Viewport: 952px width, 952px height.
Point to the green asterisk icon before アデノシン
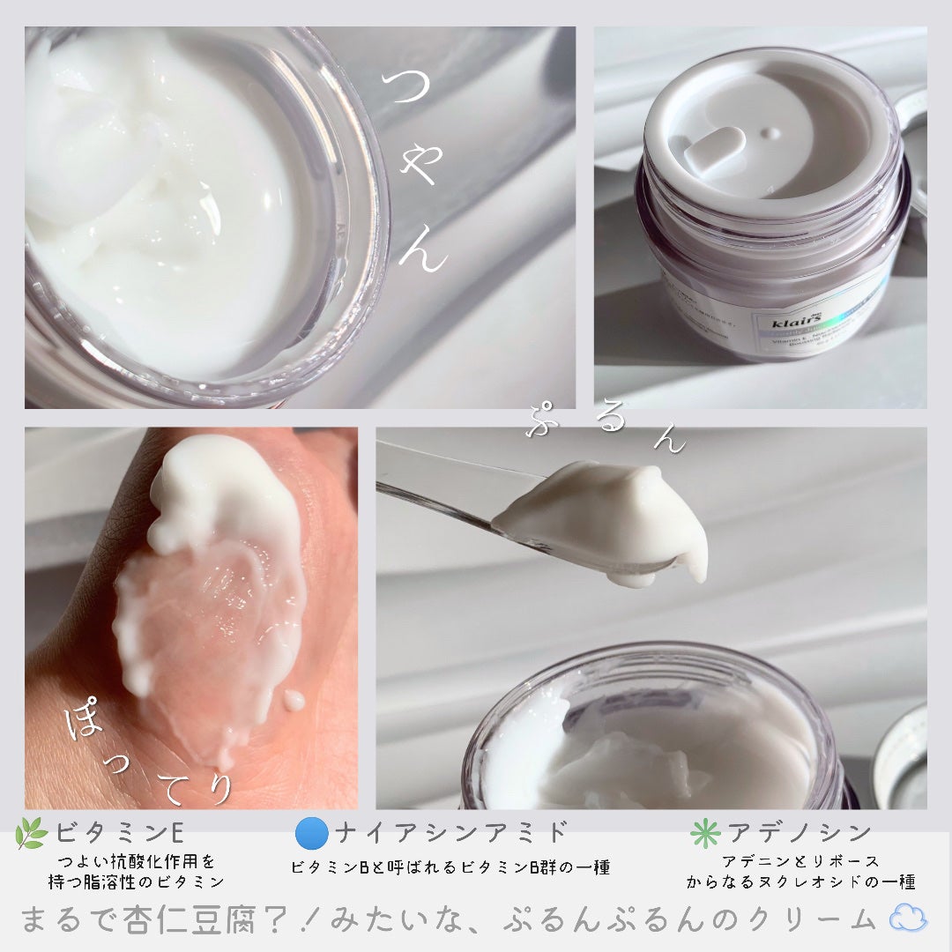tap(706, 833)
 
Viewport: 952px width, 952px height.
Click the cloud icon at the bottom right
tap(908, 920)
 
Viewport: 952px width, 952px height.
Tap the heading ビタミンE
tap(119, 833)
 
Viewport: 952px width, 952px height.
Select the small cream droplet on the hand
tap(294, 701)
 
